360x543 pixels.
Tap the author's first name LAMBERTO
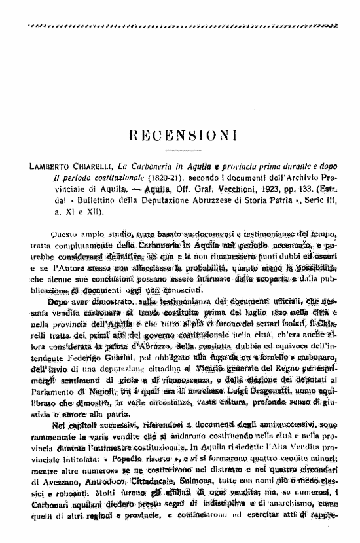pos(49,166)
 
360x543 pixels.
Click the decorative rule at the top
pos(181,24)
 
